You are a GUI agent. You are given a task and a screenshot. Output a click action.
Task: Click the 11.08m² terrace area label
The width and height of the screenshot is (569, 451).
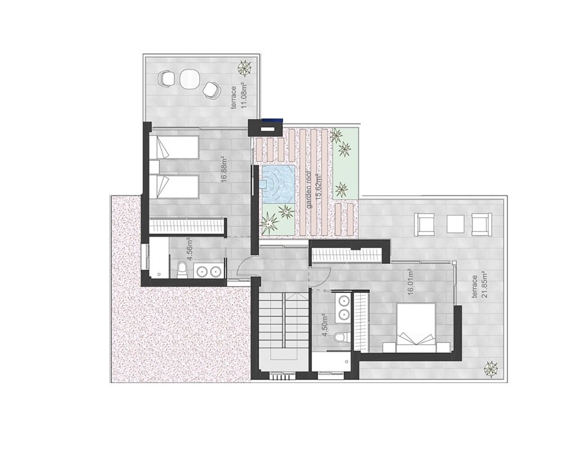pos(239,96)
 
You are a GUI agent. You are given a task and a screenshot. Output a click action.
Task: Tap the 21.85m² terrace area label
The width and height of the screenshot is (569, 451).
pos(479,286)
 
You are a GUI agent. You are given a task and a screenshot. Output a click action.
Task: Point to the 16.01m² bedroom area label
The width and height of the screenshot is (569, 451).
pos(411,283)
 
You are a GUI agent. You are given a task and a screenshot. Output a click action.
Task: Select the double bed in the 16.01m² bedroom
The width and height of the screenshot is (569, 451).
pos(416,327)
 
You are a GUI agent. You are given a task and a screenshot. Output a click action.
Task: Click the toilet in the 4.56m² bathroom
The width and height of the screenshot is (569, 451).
pos(183,270)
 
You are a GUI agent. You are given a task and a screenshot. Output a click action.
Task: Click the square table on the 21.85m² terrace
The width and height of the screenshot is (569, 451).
pos(456,224)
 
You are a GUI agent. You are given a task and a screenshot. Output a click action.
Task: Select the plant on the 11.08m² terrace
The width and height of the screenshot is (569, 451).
pos(244,68)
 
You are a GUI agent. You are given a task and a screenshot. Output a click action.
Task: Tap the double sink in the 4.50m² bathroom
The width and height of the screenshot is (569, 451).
pos(343,307)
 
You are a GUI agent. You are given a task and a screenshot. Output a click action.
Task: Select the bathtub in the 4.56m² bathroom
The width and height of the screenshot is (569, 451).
pos(159,258)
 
